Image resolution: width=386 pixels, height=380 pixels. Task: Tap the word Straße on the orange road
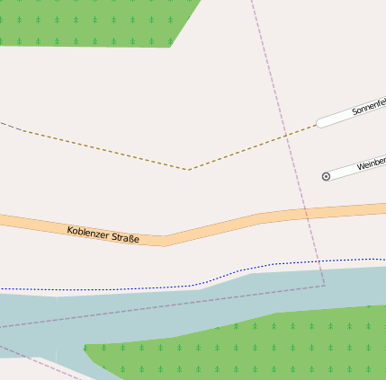pos(124,239)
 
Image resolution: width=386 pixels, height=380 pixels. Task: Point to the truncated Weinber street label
pos(371,164)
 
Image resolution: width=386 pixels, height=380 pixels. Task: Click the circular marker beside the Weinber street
pos(326,177)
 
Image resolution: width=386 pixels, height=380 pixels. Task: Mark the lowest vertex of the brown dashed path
pos(187,169)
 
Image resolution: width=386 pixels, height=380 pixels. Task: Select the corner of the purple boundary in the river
pos(324,286)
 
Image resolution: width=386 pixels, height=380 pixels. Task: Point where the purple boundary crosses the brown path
pos(286,135)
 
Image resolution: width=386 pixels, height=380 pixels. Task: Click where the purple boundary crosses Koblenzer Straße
pos(306,213)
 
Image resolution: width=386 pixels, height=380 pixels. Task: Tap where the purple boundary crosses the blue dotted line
pos(318,261)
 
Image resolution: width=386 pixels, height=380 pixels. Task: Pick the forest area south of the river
pos(270,346)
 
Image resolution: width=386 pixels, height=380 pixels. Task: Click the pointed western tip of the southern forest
pos(85,346)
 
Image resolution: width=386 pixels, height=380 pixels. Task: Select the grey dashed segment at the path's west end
pos(8,125)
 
